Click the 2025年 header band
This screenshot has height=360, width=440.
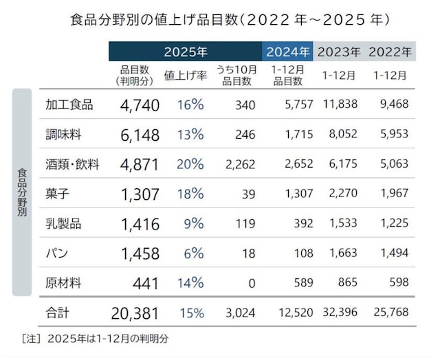pos(185,52)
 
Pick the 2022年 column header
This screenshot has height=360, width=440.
pos(390,52)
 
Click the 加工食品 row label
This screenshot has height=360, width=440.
pos(69,105)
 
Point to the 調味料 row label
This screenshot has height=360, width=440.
pos(64,135)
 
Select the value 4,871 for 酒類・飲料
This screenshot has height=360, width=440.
pos(140,165)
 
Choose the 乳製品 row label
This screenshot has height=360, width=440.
pos(64,223)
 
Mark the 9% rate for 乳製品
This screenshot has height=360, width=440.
pos(195,223)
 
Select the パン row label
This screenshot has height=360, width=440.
pos(56,254)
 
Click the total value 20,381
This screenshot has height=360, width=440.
pos(135,313)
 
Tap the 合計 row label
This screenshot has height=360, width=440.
pos(57,313)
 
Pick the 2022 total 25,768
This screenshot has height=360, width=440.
pos(390,313)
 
